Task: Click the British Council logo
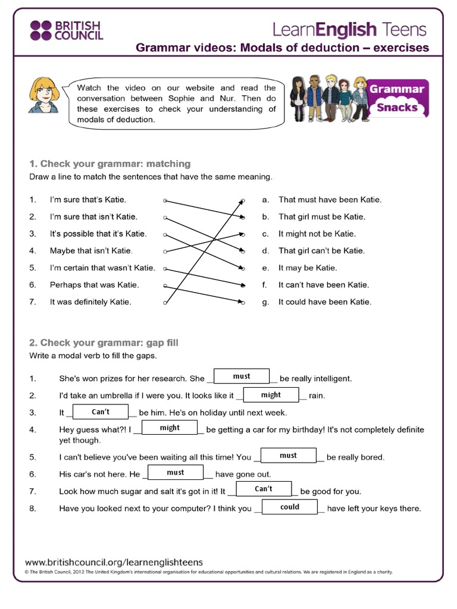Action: click(66, 30)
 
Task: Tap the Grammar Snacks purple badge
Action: click(397, 98)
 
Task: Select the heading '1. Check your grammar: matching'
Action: click(109, 164)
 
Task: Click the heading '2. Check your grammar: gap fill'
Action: click(104, 343)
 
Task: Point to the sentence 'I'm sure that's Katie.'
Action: click(87, 200)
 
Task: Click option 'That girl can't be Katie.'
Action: click(321, 251)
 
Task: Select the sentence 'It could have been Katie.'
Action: click(324, 302)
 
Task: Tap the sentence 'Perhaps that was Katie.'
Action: click(94, 285)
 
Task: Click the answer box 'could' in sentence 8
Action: click(290, 507)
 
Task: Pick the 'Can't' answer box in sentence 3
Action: click(101, 412)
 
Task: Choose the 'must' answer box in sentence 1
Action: click(242, 376)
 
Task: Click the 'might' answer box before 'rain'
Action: click(271, 394)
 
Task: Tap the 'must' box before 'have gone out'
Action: click(176, 472)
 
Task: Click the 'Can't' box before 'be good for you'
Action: click(264, 489)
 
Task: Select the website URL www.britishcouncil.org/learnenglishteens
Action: click(114, 561)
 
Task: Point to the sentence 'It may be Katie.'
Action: click(308, 268)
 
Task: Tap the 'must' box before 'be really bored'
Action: click(288, 456)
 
